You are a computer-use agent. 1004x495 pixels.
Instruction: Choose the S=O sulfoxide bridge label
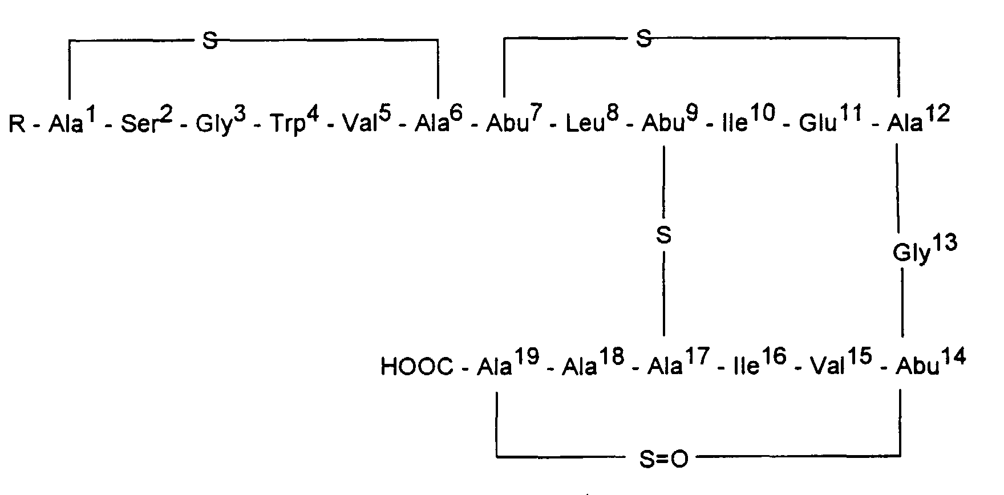pyautogui.click(x=663, y=459)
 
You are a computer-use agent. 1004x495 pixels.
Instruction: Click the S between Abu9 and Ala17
pyautogui.click(x=663, y=236)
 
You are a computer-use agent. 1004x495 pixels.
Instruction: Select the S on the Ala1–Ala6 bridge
pyautogui.click(x=210, y=42)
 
